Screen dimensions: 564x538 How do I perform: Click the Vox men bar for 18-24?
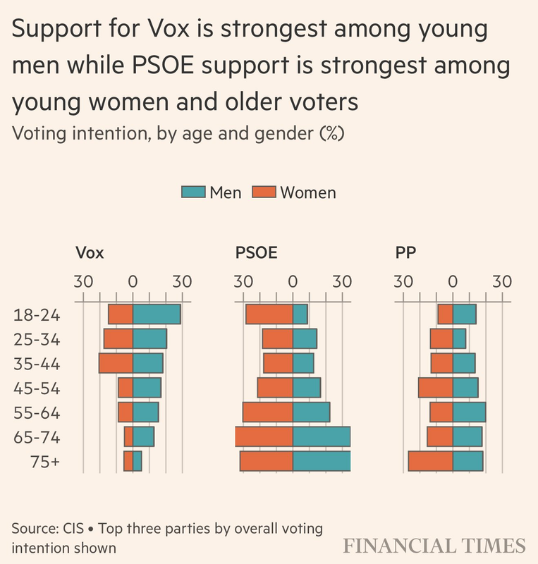point(157,314)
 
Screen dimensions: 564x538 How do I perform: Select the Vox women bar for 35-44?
point(116,363)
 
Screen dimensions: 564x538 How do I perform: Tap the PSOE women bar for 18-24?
point(269,314)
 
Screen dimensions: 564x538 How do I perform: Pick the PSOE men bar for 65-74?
point(322,436)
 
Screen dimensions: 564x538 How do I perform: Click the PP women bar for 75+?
point(430,460)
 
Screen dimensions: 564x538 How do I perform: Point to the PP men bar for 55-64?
point(469,412)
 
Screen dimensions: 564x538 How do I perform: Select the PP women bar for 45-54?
point(435,388)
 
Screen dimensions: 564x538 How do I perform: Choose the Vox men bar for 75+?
point(137,460)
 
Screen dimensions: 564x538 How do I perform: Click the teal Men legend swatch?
point(193,192)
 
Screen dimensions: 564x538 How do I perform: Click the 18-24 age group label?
point(37,315)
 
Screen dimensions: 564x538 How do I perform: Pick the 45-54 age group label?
point(37,388)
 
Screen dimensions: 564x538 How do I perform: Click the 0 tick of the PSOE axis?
point(293,280)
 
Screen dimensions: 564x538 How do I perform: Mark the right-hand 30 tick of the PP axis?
point(502,280)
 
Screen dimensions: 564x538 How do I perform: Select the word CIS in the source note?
point(73,529)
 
